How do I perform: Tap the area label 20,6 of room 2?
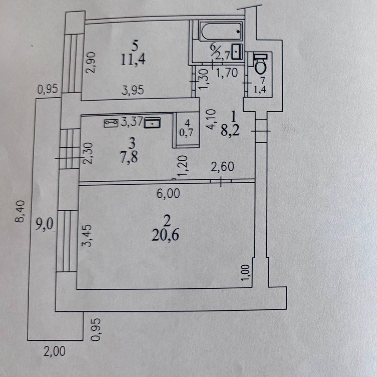point(165,235)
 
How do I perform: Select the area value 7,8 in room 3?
point(128,157)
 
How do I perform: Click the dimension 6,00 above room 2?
point(168,193)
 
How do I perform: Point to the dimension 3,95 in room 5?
point(133,91)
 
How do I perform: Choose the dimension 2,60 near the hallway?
point(222,167)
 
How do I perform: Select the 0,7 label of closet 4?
point(187,133)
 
